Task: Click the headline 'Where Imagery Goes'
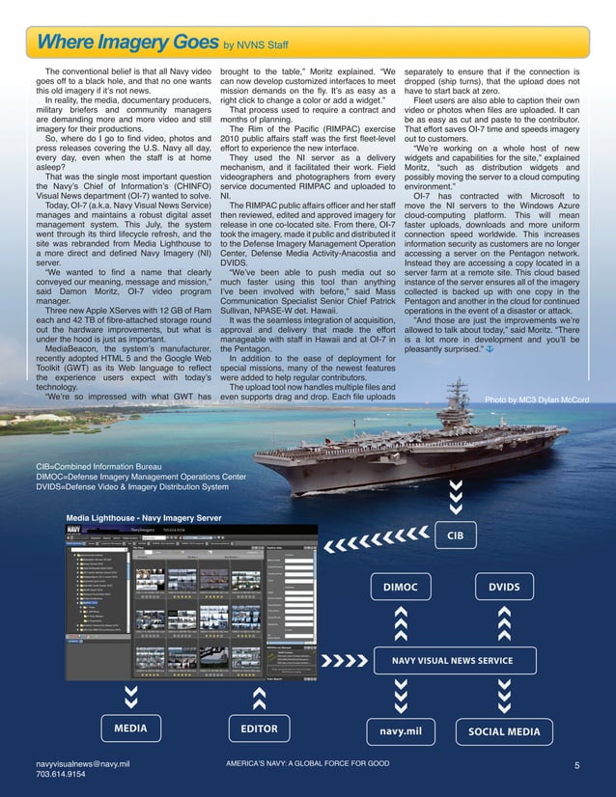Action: point(126,43)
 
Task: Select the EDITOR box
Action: point(259,729)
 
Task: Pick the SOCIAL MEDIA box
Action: point(503,731)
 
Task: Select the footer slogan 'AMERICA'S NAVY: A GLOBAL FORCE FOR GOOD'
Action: point(307,763)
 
